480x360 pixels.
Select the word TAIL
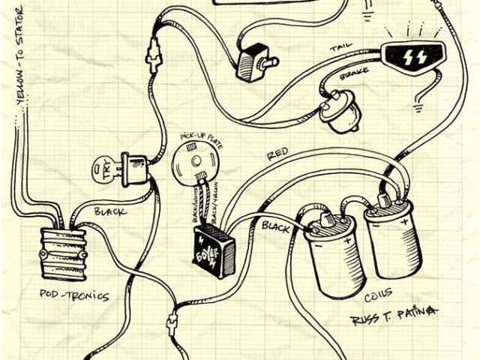pyautogui.click(x=340, y=49)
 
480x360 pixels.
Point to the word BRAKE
pyautogui.click(x=352, y=82)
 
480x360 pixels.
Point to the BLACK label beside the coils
pyautogui.click(x=277, y=224)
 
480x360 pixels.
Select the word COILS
pyautogui.click(x=382, y=295)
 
